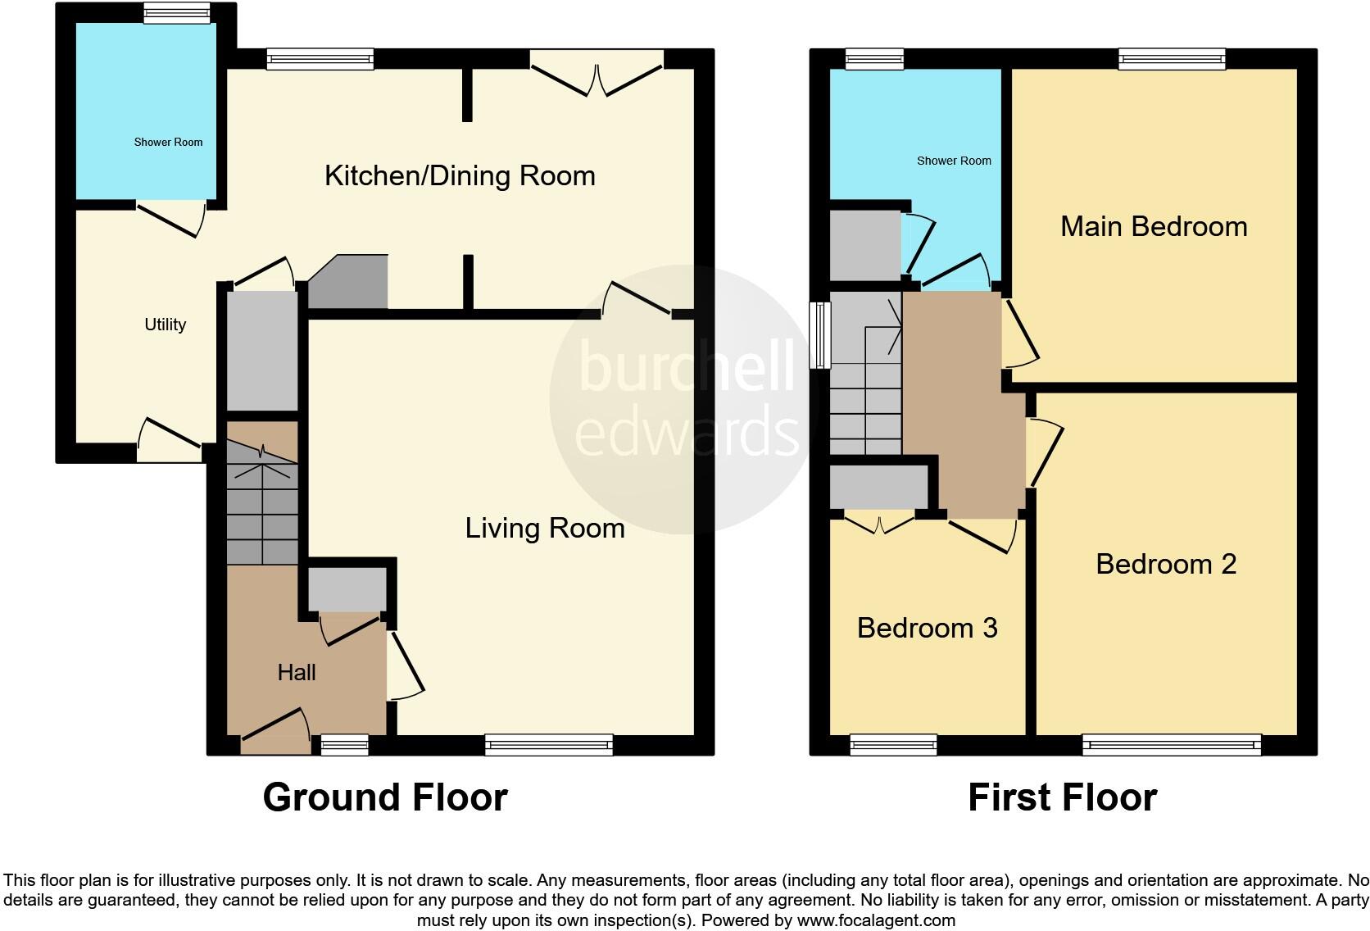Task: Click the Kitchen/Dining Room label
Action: click(460, 176)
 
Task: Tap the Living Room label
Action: click(545, 529)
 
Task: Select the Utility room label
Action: click(165, 325)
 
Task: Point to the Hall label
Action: click(296, 673)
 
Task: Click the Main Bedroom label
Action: click(1154, 227)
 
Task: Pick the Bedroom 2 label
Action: click(1165, 565)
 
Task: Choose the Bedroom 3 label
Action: click(927, 629)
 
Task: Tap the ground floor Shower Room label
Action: click(168, 143)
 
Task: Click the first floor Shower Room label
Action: click(954, 161)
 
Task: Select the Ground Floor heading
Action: click(385, 797)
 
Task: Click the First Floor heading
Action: click(1062, 797)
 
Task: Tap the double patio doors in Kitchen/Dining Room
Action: click(597, 78)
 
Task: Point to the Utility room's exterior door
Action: click(170, 438)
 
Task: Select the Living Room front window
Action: click(548, 744)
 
